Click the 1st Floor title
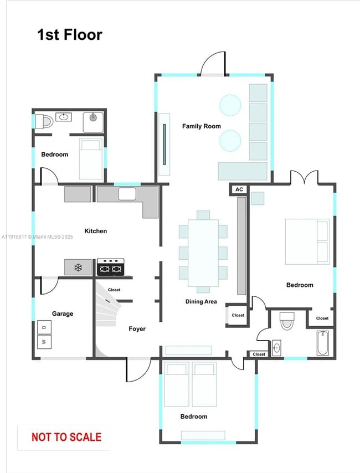point(70,35)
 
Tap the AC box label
point(239,189)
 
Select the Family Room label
point(202,126)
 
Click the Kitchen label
point(95,231)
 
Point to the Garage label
point(63,313)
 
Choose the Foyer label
point(137,329)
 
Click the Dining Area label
point(201,302)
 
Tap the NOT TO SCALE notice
point(66,437)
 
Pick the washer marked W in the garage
point(44,342)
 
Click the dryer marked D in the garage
point(44,327)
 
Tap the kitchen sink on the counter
point(127,194)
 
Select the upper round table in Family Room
point(230,105)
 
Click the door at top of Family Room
point(213,64)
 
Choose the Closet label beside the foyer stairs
point(114,290)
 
